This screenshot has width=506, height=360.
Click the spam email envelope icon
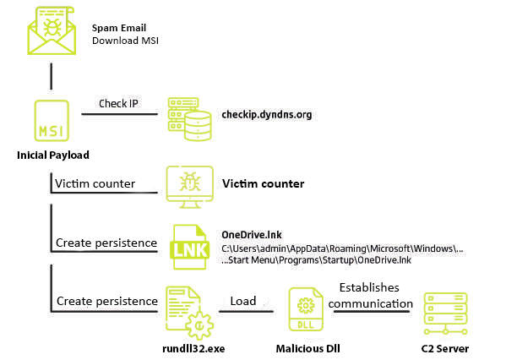tap(52, 30)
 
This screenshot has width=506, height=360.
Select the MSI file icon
tap(52, 121)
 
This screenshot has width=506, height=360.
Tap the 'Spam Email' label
tap(119, 28)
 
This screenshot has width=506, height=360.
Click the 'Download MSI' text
tap(125, 41)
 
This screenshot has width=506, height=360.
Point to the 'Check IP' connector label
tap(118, 104)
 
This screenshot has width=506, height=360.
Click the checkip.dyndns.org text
tap(267, 115)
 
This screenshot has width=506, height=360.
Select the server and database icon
tap(190, 119)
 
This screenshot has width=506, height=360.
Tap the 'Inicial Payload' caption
tap(53, 155)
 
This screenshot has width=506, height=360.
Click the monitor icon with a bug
tap(190, 187)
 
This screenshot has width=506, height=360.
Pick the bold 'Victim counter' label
tap(263, 183)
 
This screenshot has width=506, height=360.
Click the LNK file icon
tap(189, 247)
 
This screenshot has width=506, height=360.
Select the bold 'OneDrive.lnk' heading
tap(252, 235)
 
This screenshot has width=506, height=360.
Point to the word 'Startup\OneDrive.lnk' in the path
tap(367, 260)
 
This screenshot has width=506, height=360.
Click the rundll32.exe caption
tap(193, 349)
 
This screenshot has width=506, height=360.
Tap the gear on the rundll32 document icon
tap(199, 325)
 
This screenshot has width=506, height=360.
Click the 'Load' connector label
tap(243, 301)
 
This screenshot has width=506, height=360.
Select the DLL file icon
tap(306, 309)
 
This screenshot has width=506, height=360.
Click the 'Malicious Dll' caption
tap(307, 349)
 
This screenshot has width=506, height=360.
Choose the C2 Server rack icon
tap(445, 314)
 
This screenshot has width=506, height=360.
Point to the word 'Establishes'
tap(369, 287)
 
